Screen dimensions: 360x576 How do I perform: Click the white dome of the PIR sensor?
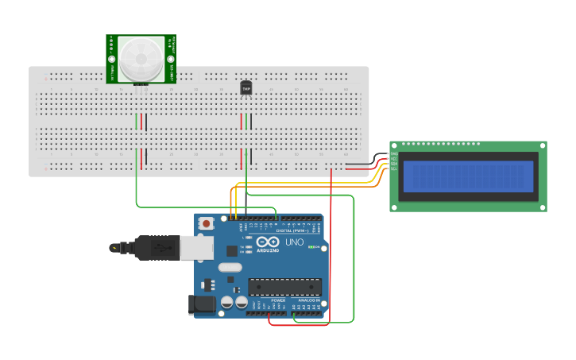point(141,58)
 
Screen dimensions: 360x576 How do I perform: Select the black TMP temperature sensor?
point(246,88)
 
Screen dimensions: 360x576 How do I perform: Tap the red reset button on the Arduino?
point(207,224)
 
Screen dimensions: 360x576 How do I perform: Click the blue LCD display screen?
point(467,176)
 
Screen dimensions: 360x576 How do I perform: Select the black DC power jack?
point(202,304)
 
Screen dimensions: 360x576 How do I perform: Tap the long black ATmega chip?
point(284,287)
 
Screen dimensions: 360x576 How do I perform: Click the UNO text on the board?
point(294,242)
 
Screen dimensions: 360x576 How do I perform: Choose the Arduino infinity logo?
point(268,242)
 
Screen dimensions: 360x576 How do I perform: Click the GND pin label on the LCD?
point(394,153)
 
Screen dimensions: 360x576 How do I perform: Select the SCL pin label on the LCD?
point(394,169)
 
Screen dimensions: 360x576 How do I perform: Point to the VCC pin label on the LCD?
point(394,159)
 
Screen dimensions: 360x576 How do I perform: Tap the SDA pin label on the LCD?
point(394,164)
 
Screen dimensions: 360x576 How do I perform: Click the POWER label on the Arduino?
point(278,300)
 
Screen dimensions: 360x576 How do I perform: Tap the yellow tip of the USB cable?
point(116,248)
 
